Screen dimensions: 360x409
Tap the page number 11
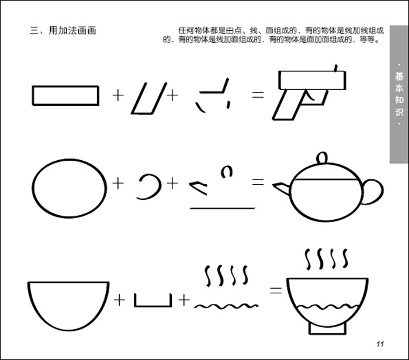(x=379, y=343)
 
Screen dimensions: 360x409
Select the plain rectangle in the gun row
(x=65, y=95)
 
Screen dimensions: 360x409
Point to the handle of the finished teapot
(x=372, y=191)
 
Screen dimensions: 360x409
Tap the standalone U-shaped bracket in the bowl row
(x=152, y=301)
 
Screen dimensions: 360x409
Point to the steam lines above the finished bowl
(x=327, y=257)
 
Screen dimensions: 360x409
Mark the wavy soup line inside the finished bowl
(x=327, y=306)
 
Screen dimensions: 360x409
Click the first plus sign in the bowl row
(x=120, y=300)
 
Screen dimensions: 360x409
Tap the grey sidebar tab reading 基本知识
(x=399, y=94)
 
